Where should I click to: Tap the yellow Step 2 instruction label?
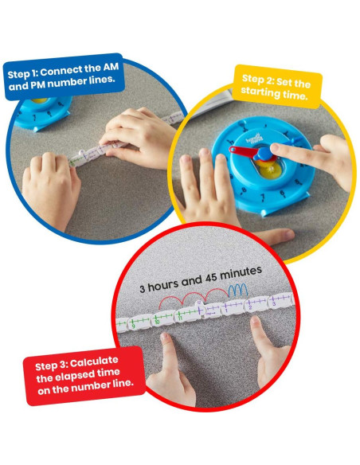pyautogui.click(x=277, y=88)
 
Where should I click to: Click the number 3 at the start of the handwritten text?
pyautogui.click(x=142, y=288)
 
